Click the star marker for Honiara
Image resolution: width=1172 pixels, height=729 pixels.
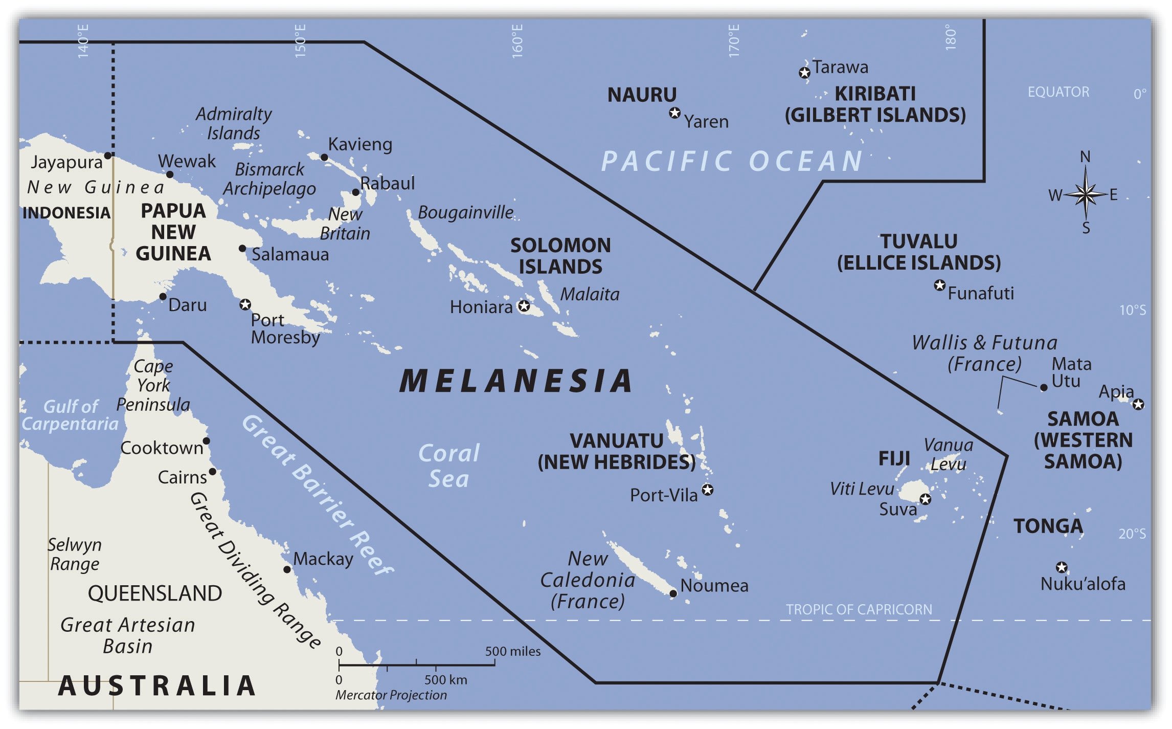[524, 306]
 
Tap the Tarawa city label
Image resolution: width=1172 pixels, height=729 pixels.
[840, 67]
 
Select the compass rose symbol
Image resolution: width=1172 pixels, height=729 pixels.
[1085, 194]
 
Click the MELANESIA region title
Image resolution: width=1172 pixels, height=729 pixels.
[515, 381]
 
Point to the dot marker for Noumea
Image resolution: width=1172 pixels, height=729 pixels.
[673, 593]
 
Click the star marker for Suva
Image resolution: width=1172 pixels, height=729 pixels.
[926, 499]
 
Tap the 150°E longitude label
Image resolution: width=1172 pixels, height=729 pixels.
[300, 40]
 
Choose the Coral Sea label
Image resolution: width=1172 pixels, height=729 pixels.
[449, 466]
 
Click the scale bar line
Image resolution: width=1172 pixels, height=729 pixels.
[416, 665]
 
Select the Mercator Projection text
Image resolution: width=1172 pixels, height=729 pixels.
[391, 695]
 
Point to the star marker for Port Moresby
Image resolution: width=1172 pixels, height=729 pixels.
[245, 304]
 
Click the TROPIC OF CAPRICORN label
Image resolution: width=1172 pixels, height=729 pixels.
[859, 609]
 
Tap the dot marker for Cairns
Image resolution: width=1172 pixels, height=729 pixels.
[212, 471]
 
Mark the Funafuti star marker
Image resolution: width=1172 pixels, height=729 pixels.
[939, 285]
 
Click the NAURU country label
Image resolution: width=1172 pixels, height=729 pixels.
[642, 95]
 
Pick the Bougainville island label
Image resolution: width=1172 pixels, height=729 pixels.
[465, 212]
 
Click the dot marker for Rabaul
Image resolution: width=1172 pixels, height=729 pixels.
[355, 192]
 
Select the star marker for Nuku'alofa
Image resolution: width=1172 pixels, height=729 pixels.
[1062, 567]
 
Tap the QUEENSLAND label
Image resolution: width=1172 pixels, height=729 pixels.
[155, 593]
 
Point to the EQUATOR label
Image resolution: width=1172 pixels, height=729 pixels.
[1058, 92]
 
